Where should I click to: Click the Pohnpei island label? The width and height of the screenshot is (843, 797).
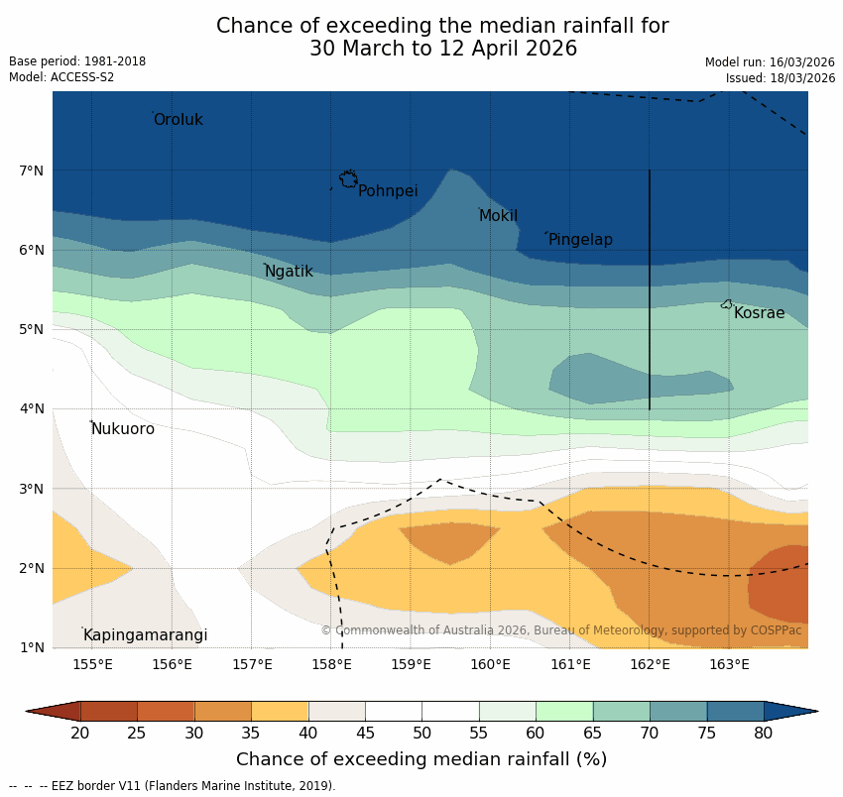pyautogui.click(x=388, y=191)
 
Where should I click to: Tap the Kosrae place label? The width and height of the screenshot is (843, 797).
pyautogui.click(x=759, y=313)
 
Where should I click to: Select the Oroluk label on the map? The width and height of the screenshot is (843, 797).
pyautogui.click(x=178, y=120)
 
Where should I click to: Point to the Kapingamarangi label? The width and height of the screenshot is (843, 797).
pyautogui.click(x=145, y=635)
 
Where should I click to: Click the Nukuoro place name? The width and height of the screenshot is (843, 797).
pyautogui.click(x=123, y=429)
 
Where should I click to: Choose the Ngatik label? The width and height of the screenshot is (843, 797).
pyautogui.click(x=289, y=272)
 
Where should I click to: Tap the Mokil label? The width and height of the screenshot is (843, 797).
pyautogui.click(x=498, y=216)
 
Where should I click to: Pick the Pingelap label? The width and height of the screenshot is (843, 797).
pyautogui.click(x=580, y=240)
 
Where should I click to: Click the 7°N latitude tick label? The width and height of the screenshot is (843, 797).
pyautogui.click(x=32, y=171)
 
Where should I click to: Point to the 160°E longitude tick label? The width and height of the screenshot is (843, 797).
pyautogui.click(x=491, y=664)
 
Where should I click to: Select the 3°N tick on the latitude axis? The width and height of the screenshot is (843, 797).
pyautogui.click(x=32, y=489)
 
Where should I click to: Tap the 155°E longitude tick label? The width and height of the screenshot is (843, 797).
pyautogui.click(x=92, y=664)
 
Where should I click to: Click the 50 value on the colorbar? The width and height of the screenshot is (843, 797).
pyautogui.click(x=422, y=733)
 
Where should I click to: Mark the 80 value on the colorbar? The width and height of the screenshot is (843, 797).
pyautogui.click(x=764, y=733)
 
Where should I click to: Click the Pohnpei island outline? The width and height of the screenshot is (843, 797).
pyautogui.click(x=348, y=179)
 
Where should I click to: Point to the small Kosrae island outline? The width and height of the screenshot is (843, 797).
pyautogui.click(x=727, y=304)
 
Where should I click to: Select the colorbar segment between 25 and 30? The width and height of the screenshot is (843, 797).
pyautogui.click(x=166, y=711)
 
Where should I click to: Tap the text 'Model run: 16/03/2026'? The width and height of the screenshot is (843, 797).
pyautogui.click(x=770, y=61)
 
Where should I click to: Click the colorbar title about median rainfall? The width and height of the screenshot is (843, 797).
pyautogui.click(x=421, y=759)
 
